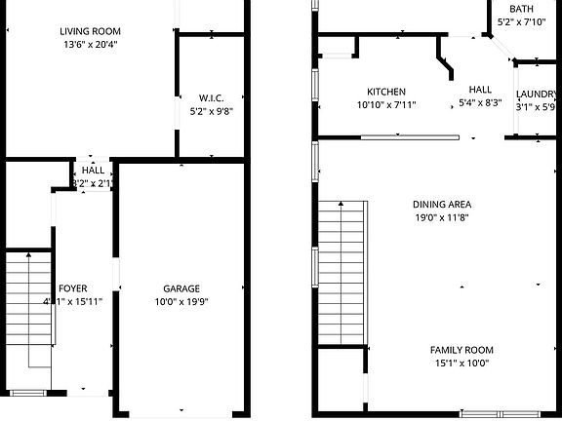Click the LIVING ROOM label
(x=91, y=31)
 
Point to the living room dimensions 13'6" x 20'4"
(x=91, y=44)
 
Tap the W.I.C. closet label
(x=211, y=97)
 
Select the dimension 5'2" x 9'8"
(x=211, y=111)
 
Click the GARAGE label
(x=181, y=288)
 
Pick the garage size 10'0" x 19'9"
(x=181, y=302)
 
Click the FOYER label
(x=73, y=288)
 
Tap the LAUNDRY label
(x=537, y=94)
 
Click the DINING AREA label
(x=442, y=205)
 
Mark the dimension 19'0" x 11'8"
(x=442, y=218)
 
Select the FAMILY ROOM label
(x=462, y=350)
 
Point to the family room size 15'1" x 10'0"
(x=462, y=364)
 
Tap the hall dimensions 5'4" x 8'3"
(x=480, y=102)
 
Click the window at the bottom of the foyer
(x=28, y=393)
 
